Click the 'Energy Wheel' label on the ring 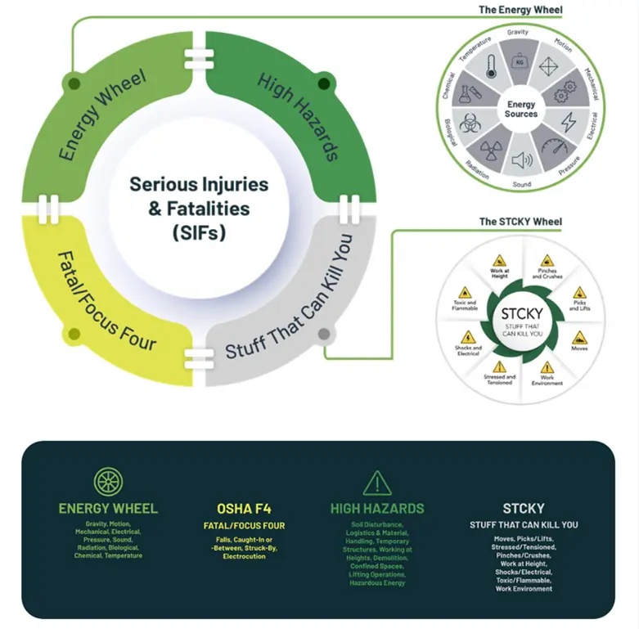[x=102, y=115]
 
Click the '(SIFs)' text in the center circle [x=199, y=233]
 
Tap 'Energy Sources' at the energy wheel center [x=521, y=110]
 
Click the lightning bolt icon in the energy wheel [x=567, y=121]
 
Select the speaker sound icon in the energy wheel [x=521, y=160]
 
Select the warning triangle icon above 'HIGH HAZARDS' [x=377, y=483]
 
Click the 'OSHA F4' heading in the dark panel [x=244, y=509]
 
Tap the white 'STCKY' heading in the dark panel [x=524, y=508]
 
